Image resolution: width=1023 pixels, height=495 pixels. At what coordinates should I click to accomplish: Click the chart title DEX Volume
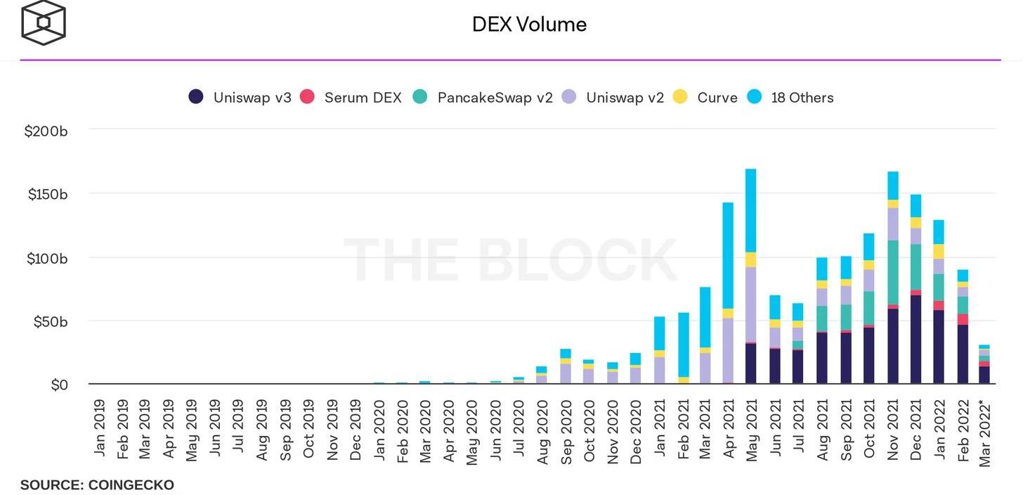point(529,25)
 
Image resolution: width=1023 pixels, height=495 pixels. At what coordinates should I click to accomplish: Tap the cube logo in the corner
point(44,23)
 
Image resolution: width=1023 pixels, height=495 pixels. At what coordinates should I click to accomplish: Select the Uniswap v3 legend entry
point(240,98)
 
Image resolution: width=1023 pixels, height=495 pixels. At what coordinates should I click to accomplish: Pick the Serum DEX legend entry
point(351,98)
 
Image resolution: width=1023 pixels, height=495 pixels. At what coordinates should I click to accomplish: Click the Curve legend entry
point(705,98)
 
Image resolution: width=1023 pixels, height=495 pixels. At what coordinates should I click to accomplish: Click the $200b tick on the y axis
point(46,131)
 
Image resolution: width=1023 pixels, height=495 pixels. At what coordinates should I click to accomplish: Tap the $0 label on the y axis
point(59,385)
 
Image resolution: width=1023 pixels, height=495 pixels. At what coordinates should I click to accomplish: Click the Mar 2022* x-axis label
point(985,432)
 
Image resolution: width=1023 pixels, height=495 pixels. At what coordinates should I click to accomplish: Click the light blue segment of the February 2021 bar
point(684,345)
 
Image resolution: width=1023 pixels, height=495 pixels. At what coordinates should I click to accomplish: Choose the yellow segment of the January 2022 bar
point(939,251)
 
